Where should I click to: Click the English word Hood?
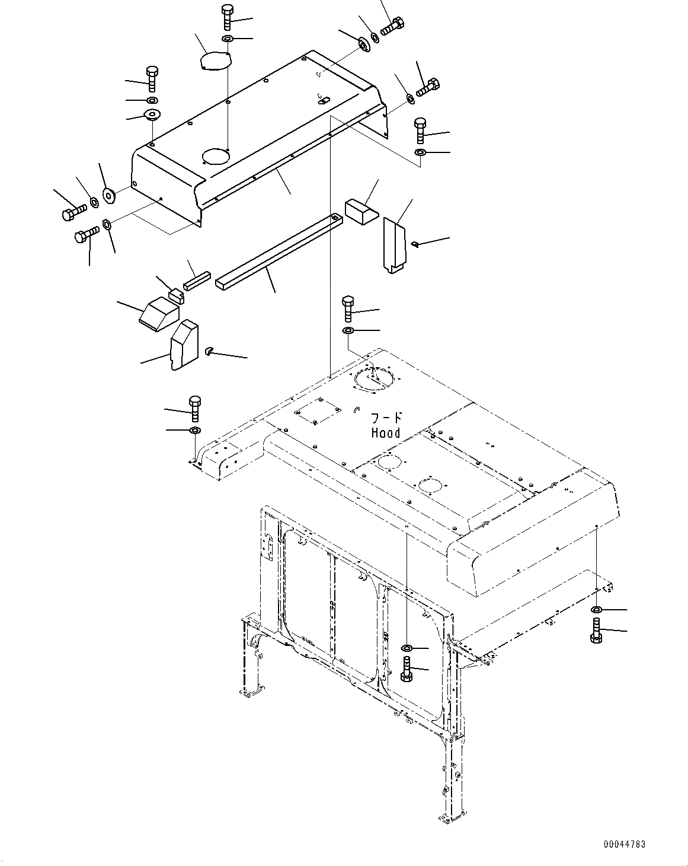click(x=386, y=433)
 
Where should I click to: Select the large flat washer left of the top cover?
click(x=109, y=195)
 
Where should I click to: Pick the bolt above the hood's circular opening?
click(x=348, y=309)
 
